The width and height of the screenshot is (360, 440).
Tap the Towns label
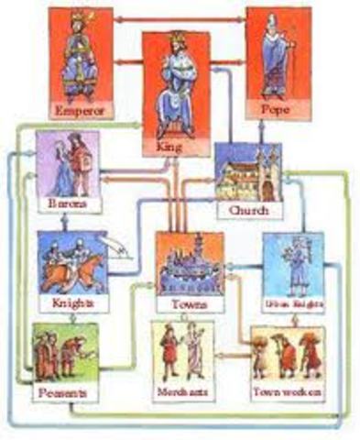coord(188,302)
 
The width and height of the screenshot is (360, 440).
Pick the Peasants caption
coord(63,392)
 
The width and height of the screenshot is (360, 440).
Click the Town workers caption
coord(287,391)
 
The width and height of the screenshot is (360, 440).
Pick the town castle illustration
coord(188,266)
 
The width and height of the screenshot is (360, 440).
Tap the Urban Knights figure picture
coord(296,261)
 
